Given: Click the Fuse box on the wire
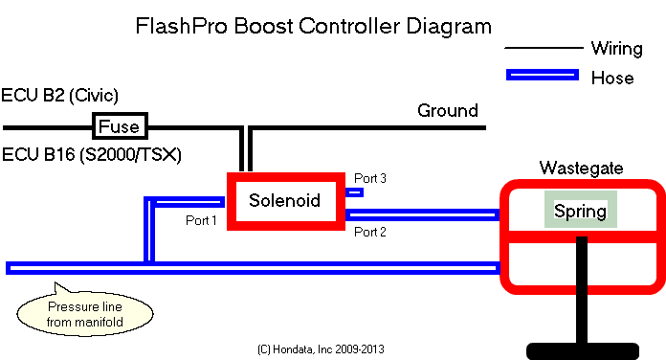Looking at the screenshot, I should point(120,126).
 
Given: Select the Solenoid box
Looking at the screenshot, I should point(284,200).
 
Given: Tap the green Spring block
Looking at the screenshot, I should point(580,210).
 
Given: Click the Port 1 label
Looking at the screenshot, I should point(202,220).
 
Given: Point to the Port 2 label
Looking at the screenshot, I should point(370,232).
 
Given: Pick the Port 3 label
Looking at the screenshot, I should point(370,178).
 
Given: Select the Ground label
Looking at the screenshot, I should point(447,111).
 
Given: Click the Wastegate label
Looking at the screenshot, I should point(581,169).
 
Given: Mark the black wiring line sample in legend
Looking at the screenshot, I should point(542,48).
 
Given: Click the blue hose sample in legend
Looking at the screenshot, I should point(542,75).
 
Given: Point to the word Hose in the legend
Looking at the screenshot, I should point(612,78).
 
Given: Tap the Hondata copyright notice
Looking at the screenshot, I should point(321,349).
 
